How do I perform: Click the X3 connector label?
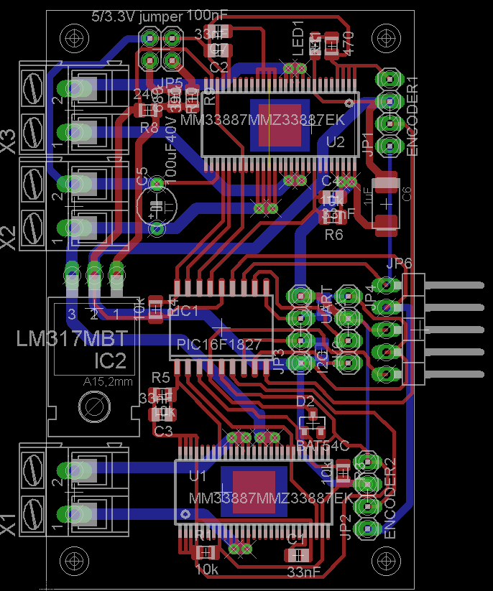(8, 139)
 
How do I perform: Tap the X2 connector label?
(8, 236)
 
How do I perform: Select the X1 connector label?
(8, 523)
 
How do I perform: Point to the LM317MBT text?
(72, 338)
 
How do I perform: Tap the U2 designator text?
(336, 142)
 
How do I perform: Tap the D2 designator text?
(305, 401)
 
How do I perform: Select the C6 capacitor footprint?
(387, 203)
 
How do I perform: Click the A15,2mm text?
(108, 382)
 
